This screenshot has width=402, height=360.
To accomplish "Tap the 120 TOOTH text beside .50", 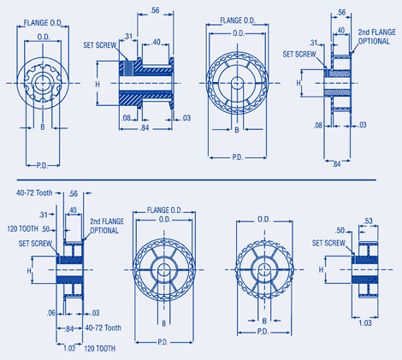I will [x=24, y=230].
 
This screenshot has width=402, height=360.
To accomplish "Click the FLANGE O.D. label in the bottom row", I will [x=162, y=209].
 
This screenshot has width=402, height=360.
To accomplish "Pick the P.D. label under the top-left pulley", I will [x=42, y=162].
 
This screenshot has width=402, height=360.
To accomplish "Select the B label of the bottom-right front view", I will [x=264, y=321].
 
